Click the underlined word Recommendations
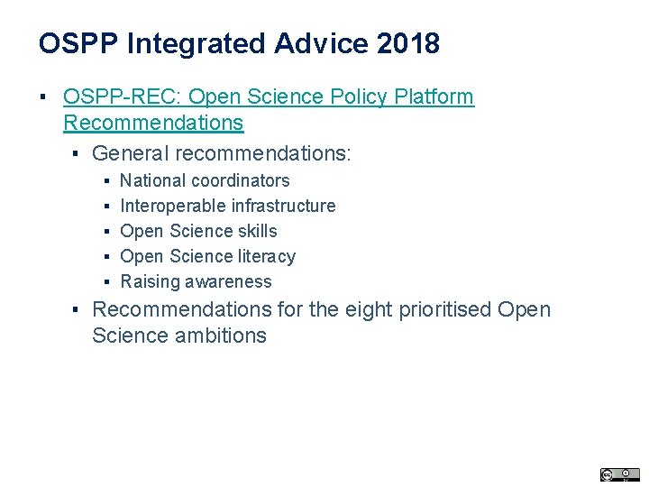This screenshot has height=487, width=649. tap(153, 122)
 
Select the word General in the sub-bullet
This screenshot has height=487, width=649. tap(129, 153)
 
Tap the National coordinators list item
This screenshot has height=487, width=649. tap(205, 180)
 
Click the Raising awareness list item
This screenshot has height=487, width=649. tap(196, 281)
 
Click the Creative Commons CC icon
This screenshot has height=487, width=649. tap(608, 474)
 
